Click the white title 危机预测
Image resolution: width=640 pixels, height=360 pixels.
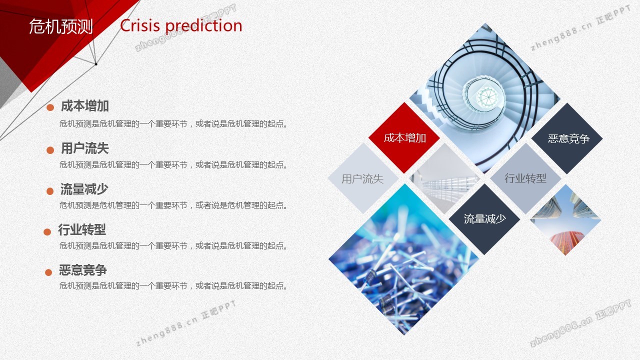pyautogui.click(x=61, y=26)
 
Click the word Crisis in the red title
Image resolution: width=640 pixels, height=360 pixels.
pyautogui.click(x=139, y=25)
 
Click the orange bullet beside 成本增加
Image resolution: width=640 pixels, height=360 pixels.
pyautogui.click(x=50, y=107)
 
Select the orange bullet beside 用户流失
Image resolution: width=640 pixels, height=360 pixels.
pyautogui.click(x=50, y=150)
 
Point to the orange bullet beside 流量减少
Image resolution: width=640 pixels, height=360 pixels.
pyautogui.click(x=50, y=191)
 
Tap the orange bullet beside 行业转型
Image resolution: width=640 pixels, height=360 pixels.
pyautogui.click(x=47, y=231)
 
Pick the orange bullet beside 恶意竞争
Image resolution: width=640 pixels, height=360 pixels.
pyautogui.click(x=48, y=272)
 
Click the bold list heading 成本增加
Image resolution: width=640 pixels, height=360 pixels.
pyautogui.click(x=85, y=105)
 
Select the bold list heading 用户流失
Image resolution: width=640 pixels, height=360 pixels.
pyautogui.click(x=85, y=148)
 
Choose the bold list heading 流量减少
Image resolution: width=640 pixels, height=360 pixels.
pyautogui.click(x=84, y=189)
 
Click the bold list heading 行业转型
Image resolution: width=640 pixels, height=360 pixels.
pyautogui.click(x=82, y=229)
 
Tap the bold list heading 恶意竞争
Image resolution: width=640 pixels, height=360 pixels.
pyautogui.click(x=83, y=270)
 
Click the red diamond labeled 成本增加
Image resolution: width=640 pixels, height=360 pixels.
pyautogui.click(x=404, y=138)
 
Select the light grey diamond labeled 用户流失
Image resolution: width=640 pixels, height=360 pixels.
pyautogui.click(x=363, y=178)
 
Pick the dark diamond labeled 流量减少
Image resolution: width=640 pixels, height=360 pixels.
pyautogui.click(x=484, y=219)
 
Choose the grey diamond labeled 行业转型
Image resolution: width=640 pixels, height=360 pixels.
pyautogui.click(x=525, y=178)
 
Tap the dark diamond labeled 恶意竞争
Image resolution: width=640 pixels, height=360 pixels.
pyautogui.click(x=567, y=138)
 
